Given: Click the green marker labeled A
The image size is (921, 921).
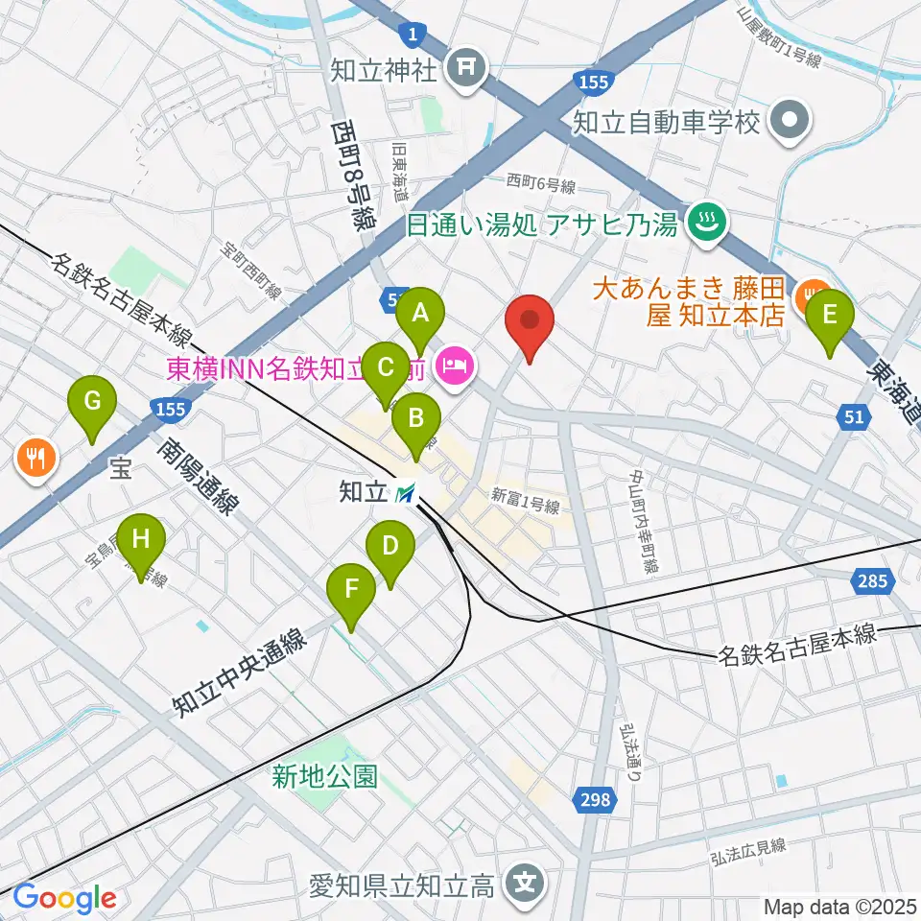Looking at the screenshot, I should click(x=419, y=313).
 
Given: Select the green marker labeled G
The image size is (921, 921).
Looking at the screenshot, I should click(x=92, y=402).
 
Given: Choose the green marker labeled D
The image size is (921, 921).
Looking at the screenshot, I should click(x=390, y=548).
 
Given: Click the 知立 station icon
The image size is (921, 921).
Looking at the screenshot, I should click(x=406, y=493).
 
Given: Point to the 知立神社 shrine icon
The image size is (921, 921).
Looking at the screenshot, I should click(x=467, y=67).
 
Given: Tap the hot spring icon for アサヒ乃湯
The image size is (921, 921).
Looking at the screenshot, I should click(x=710, y=225).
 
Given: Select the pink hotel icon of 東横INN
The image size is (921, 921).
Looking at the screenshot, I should click(x=452, y=365).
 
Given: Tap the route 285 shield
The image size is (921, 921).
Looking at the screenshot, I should click(x=874, y=579).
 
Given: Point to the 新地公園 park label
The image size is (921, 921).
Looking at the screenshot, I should click(x=324, y=776).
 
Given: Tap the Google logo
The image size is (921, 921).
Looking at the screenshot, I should click(x=65, y=899).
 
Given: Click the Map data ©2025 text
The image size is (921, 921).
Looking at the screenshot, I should click(x=840, y=906).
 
